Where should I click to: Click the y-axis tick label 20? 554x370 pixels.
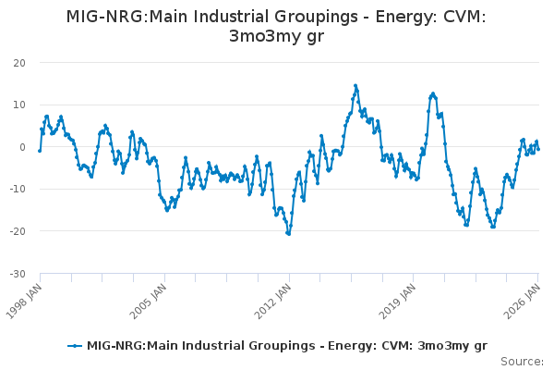tap(19, 62)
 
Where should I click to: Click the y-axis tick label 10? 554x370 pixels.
tap(19, 105)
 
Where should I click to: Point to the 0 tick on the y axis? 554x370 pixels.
tap(22, 147)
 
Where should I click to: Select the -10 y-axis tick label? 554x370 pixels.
tap(18, 189)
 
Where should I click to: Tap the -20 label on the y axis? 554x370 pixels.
tap(18, 231)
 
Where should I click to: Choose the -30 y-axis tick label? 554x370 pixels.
tap(18, 274)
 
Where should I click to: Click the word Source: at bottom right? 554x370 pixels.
tap(523, 361)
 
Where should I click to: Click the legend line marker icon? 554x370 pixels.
tap(75, 346)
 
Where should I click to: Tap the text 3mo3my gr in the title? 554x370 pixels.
tap(276, 37)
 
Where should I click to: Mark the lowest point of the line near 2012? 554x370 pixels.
tap(288, 233)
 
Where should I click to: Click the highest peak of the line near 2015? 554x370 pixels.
tap(355, 86)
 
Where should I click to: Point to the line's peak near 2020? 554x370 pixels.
tap(432, 93)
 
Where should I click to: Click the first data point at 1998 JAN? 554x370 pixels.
tap(40, 150)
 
